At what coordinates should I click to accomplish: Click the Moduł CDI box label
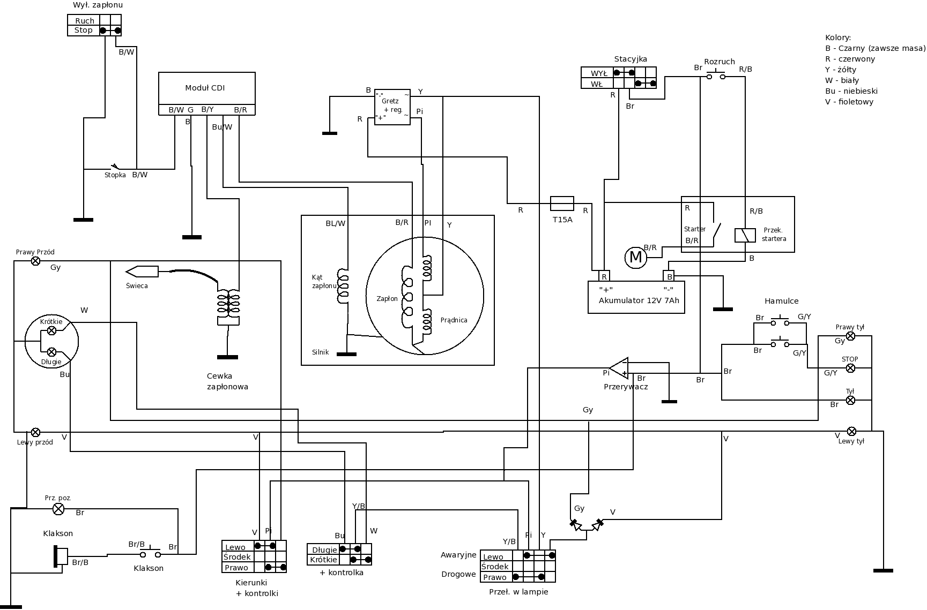(205, 88)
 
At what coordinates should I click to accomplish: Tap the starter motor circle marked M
(635, 258)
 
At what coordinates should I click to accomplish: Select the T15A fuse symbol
(562, 204)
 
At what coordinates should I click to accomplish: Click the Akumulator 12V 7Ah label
(639, 300)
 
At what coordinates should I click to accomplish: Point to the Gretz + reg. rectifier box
(392, 107)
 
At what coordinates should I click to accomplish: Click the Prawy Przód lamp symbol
(35, 261)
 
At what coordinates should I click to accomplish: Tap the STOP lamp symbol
(850, 368)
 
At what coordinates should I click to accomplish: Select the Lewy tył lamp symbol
(851, 432)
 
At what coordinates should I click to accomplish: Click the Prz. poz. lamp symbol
(58, 509)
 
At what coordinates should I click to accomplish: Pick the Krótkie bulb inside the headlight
(51, 331)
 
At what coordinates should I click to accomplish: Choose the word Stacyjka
(631, 59)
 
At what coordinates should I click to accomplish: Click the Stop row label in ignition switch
(83, 31)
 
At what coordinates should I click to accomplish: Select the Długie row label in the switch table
(324, 550)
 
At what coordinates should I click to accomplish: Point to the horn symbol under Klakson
(61, 556)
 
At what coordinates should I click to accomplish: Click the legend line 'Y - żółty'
(841, 70)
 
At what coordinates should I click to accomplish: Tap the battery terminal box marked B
(669, 276)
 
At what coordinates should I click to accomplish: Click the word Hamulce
(781, 301)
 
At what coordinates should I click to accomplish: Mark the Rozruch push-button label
(719, 62)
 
